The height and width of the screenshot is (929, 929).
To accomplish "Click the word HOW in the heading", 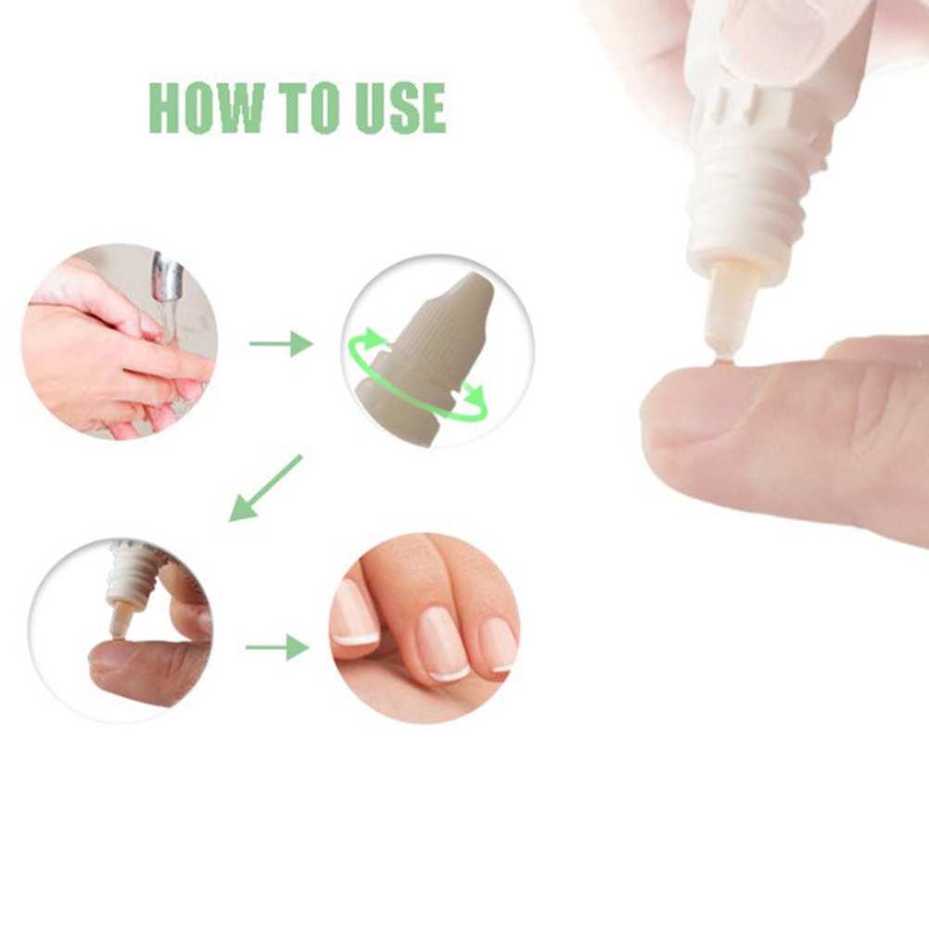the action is pos(207,108).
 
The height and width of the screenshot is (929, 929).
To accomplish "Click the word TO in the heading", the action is pos(308,108).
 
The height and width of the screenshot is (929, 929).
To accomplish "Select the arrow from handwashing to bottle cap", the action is pos(281,344).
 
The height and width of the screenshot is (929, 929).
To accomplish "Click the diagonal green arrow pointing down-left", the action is pos(265,489).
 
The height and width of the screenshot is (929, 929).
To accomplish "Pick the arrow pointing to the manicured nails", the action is pos(277,647).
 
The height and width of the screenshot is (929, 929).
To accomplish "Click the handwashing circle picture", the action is pos(119,342).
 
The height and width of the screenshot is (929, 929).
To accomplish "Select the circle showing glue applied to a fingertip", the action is pos(121,630).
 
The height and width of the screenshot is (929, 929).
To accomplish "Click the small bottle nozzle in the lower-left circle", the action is pos(121,623).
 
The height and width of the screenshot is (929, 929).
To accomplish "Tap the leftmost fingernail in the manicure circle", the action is pos(354,613).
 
